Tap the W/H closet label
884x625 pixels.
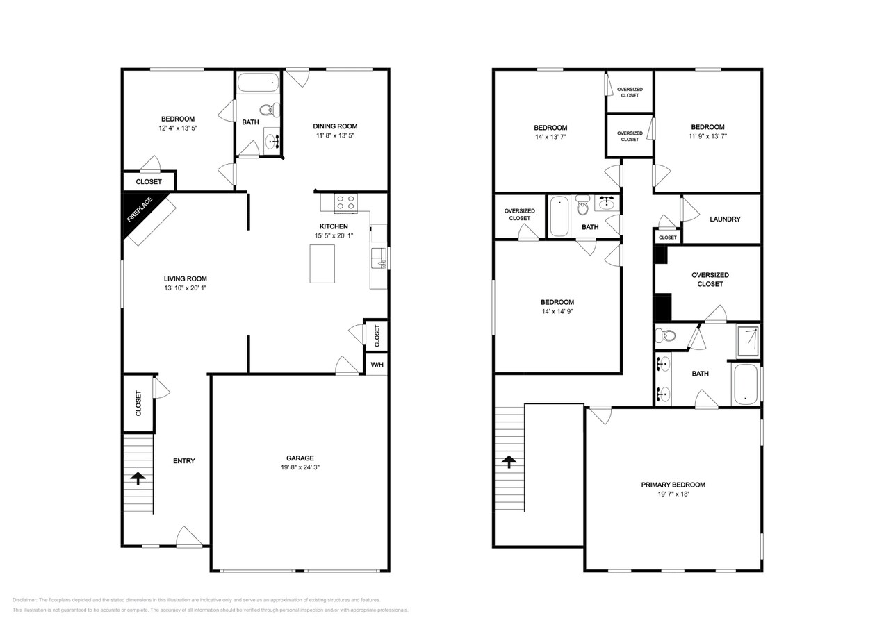click(x=376, y=365)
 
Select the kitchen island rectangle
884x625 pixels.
click(x=322, y=264)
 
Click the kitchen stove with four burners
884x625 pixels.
click(x=345, y=203)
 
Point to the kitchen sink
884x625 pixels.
click(x=378, y=258)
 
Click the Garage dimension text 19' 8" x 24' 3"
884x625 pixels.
click(x=300, y=467)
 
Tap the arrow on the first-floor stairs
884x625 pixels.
click(x=138, y=478)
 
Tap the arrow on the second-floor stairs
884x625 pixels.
click(x=509, y=460)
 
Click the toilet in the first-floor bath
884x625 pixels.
click(x=270, y=109)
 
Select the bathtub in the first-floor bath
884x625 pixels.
click(x=258, y=83)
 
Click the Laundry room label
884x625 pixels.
click(x=725, y=219)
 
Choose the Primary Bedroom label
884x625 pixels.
click(x=673, y=485)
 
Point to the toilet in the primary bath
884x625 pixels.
click(x=666, y=336)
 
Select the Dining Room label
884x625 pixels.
click(x=335, y=126)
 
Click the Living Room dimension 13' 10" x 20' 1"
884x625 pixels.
click(x=186, y=288)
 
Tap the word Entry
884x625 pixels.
click(x=183, y=461)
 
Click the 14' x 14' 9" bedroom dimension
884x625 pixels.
click(x=557, y=312)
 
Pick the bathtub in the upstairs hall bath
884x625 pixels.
click(x=559, y=216)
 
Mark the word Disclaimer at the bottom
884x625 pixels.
click(x=24, y=600)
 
